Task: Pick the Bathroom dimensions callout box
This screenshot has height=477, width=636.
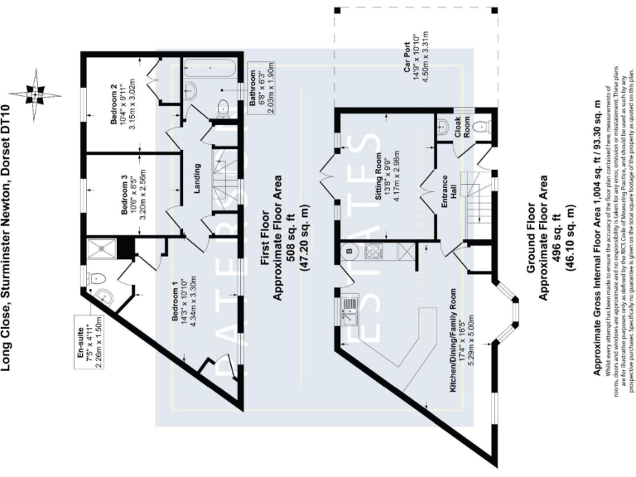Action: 260,96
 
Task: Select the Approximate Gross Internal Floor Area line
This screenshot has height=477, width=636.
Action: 597,238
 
